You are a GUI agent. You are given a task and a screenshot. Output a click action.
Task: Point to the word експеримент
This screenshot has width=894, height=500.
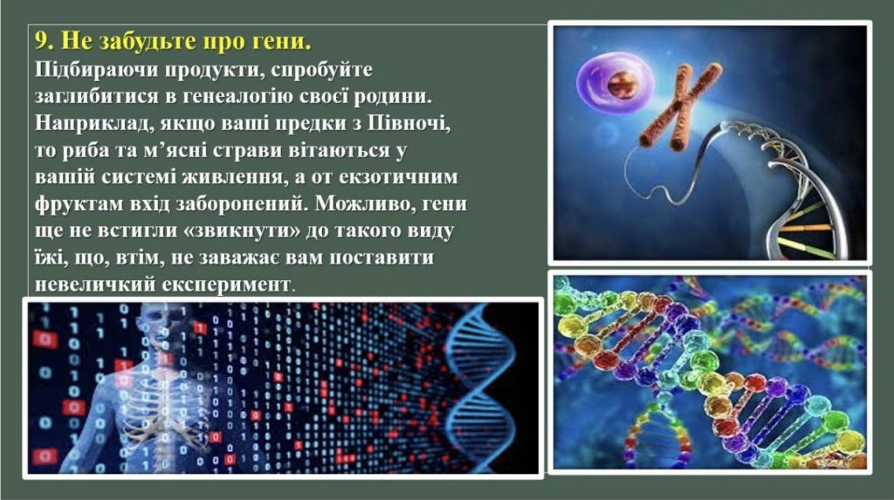226,284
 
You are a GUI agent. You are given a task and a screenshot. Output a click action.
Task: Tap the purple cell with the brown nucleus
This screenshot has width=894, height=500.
615,83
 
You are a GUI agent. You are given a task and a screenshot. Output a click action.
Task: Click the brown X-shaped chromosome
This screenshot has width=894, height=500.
680,106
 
